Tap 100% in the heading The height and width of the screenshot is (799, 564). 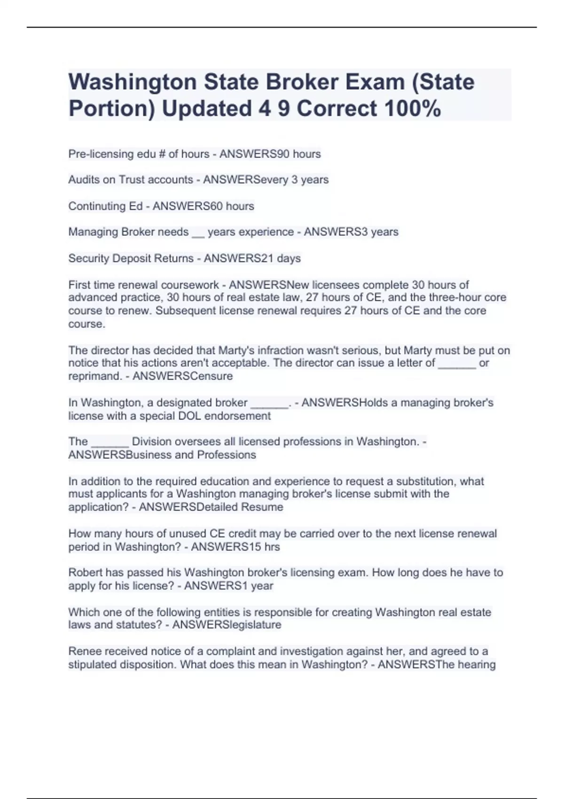pos(412,109)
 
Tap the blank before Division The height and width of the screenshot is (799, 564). pos(110,443)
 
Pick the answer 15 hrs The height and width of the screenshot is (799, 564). pos(260,547)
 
